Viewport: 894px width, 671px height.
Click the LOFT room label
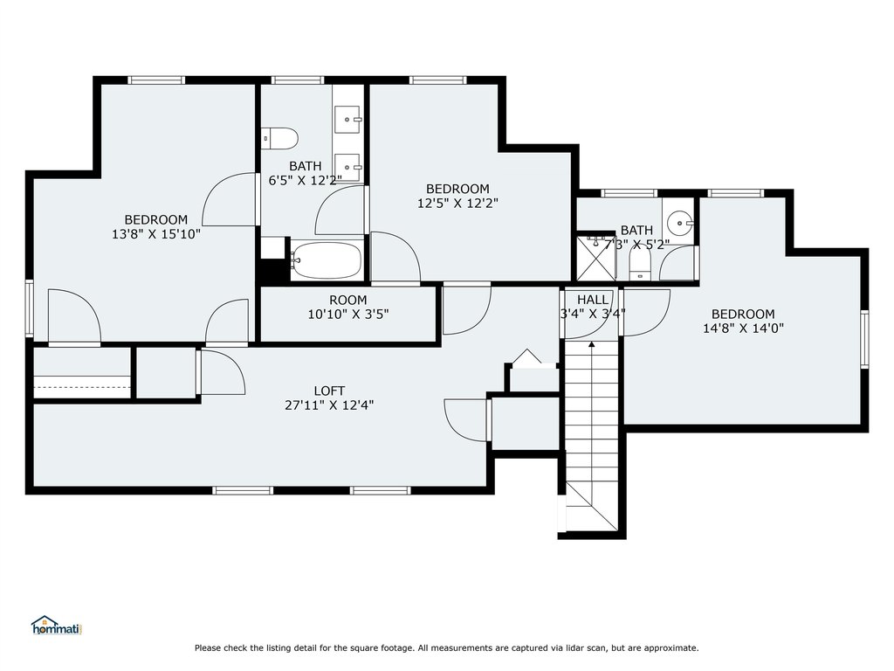[329, 391]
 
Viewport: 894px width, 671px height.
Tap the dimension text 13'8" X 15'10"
[156, 233]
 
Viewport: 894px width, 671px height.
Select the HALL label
[593, 300]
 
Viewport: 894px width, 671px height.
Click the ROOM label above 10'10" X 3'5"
[347, 301]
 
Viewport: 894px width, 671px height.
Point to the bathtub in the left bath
[327, 260]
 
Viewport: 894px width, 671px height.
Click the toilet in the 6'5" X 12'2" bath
[280, 139]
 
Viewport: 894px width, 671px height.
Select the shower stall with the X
[596, 258]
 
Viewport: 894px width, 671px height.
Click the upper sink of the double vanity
[347, 120]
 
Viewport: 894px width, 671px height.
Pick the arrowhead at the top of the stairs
[592, 344]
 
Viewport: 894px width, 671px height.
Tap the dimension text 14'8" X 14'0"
[743, 329]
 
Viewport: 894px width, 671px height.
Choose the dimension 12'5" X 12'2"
[457, 203]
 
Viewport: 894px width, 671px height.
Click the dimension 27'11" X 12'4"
[329, 405]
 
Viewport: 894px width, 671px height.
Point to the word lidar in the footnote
[581, 647]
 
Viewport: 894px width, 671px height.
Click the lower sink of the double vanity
[347, 168]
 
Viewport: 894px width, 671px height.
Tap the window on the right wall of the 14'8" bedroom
[864, 339]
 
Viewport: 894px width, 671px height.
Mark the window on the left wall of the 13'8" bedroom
[30, 308]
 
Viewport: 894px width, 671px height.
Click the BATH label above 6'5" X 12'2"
[305, 166]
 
